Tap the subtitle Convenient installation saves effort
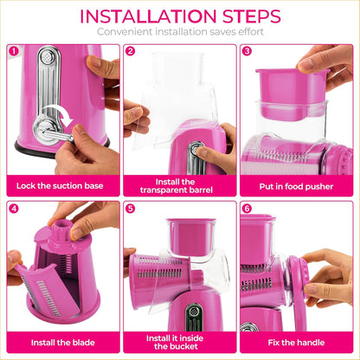[180, 32]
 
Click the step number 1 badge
[14, 51]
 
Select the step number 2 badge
[131, 51]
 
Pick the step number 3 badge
[247, 51]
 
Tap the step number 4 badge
[14, 209]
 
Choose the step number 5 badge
[131, 209]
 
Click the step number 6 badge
[247, 209]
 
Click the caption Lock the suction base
[61, 185]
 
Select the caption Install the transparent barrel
[179, 184]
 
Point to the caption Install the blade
[61, 342]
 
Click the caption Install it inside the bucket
[179, 342]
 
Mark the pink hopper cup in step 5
[189, 238]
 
